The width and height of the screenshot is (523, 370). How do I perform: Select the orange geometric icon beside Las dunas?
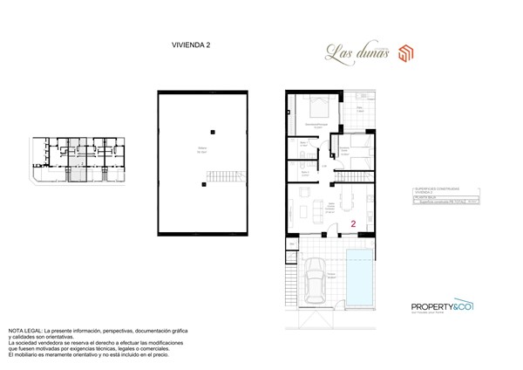point(405,51)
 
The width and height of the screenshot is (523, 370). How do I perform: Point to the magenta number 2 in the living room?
point(353,224)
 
